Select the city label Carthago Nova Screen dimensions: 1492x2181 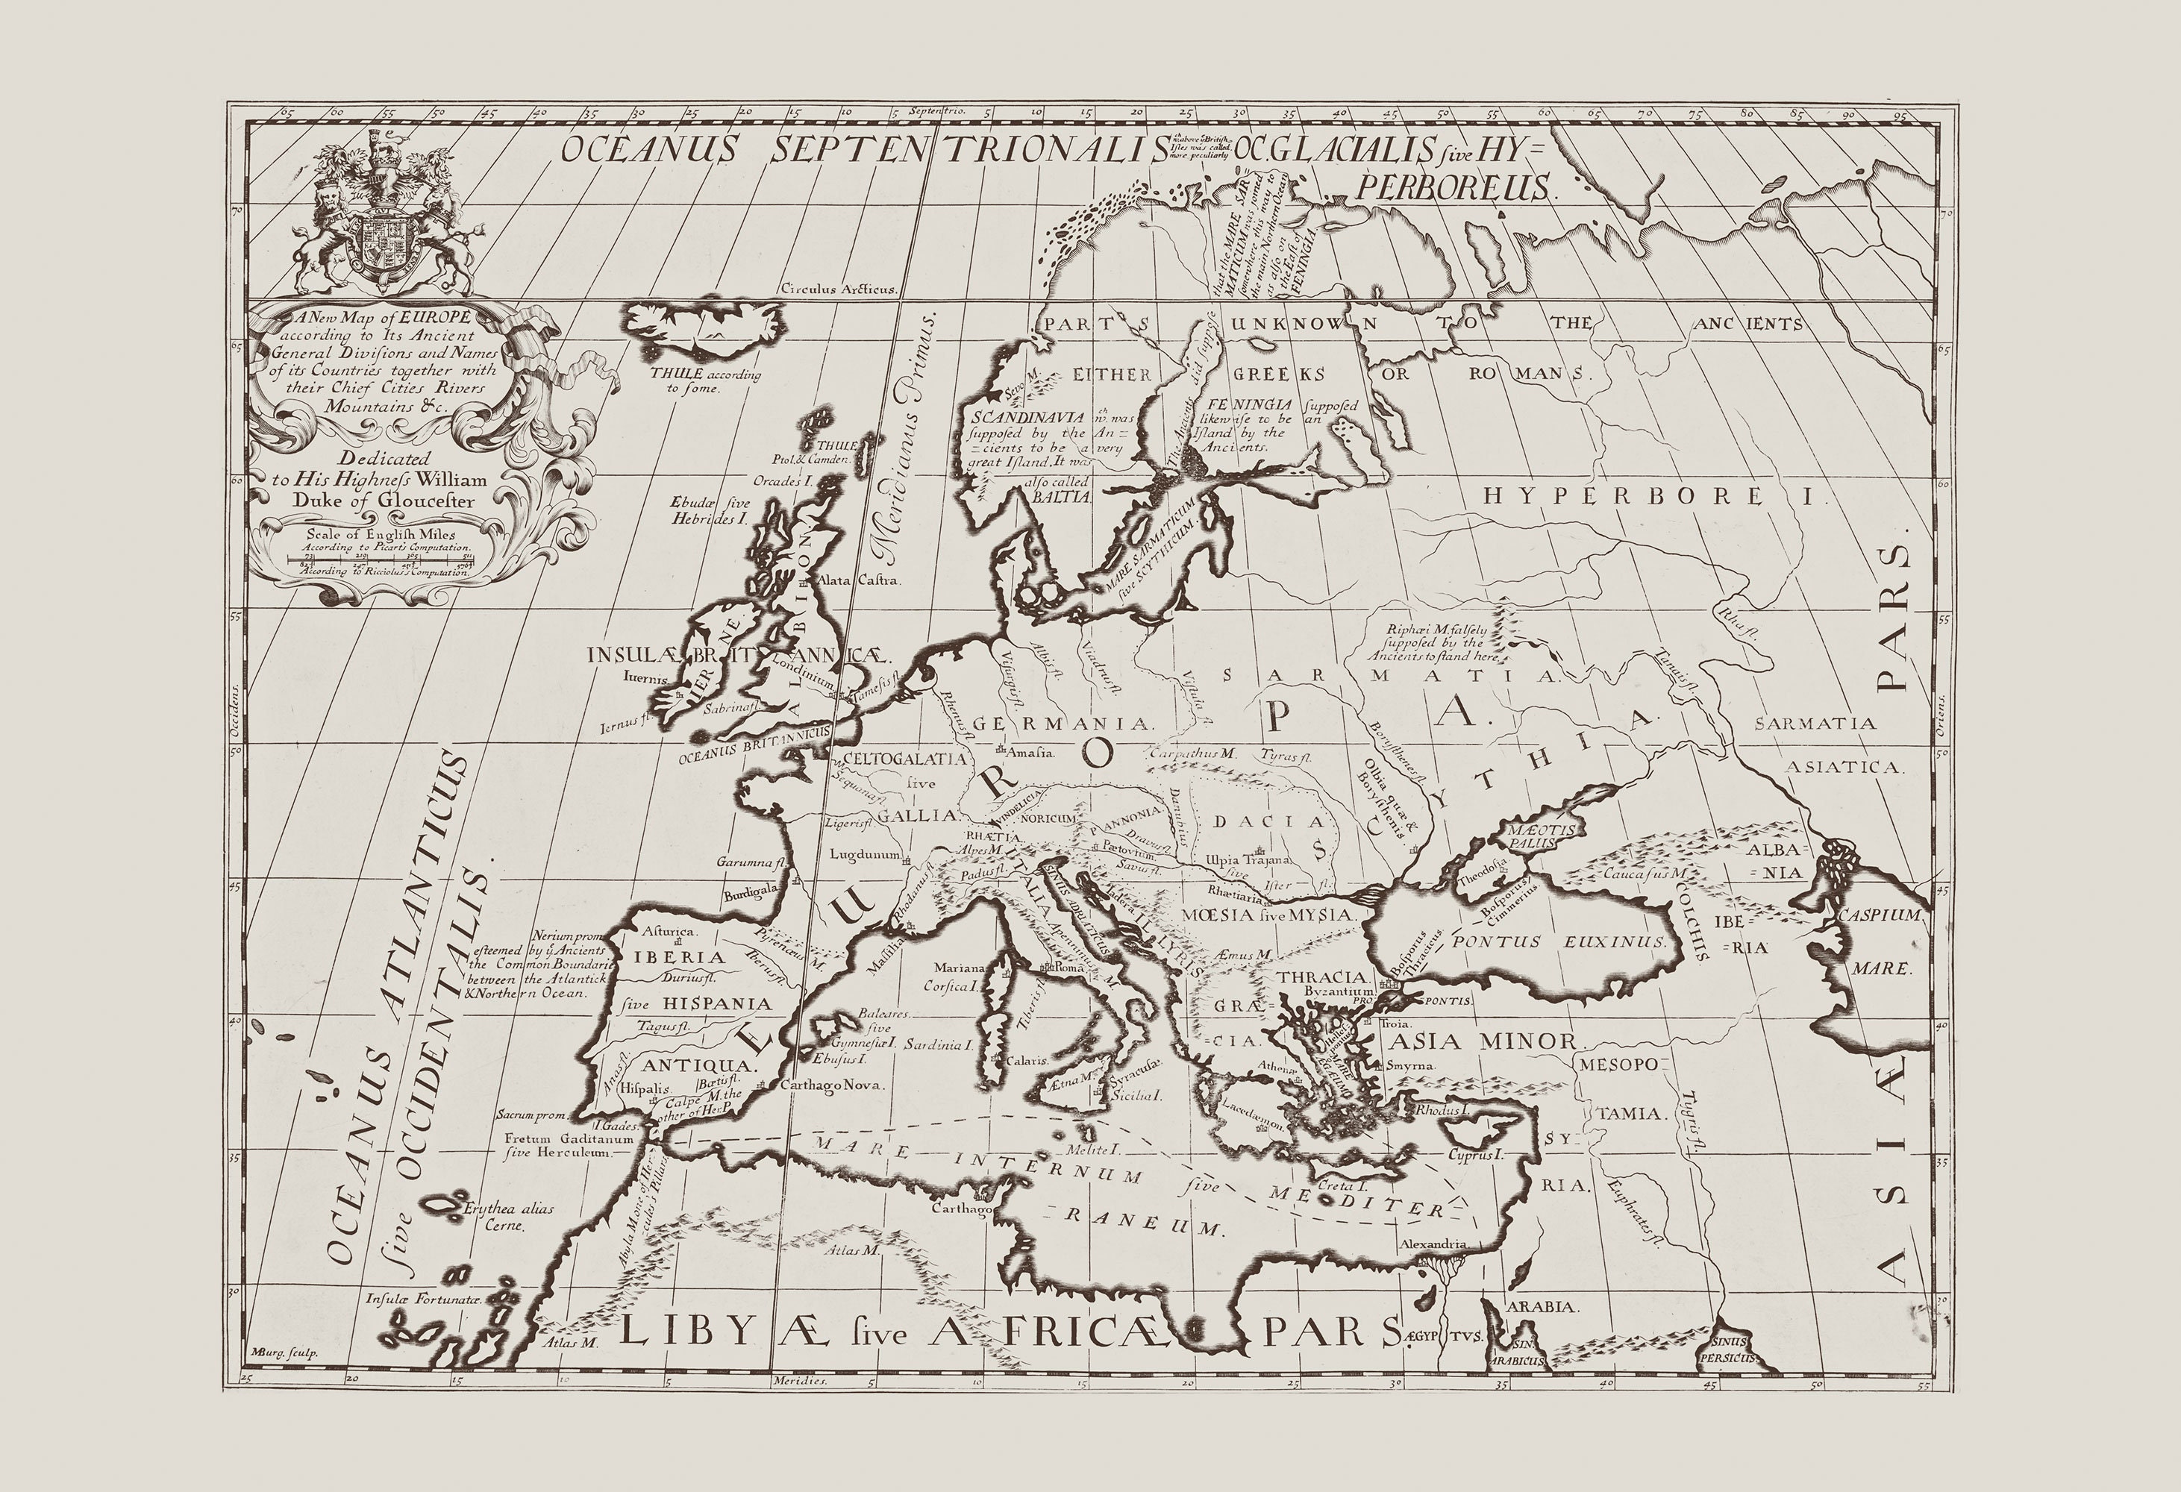[831, 1085]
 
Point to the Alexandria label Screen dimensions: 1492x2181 [1433, 1244]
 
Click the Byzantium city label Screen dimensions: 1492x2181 [1339, 992]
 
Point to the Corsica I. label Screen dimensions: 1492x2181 [951, 986]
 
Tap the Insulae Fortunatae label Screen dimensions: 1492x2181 [423, 1300]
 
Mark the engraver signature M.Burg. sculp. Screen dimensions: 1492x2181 [285, 1352]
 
